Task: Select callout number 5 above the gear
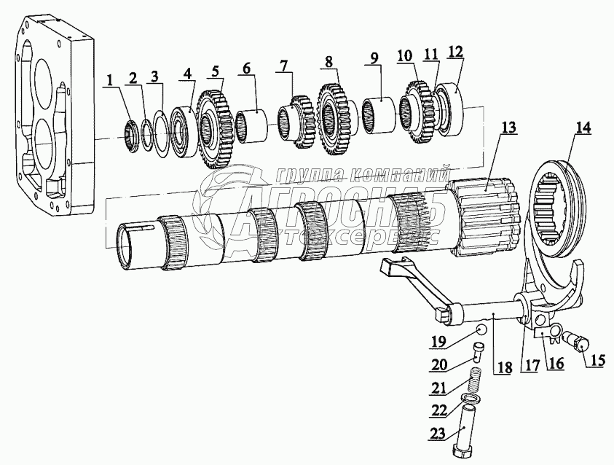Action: [x=215, y=71]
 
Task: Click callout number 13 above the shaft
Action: [x=508, y=127]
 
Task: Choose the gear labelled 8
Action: [x=336, y=119]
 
